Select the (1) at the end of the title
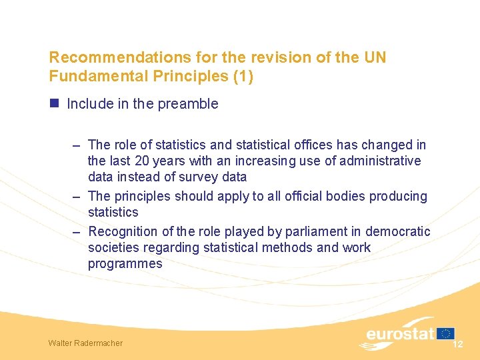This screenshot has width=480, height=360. pyautogui.click(x=242, y=76)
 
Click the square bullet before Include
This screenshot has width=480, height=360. pyautogui.click(x=55, y=103)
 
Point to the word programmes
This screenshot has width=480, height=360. pyautogui.click(x=125, y=263)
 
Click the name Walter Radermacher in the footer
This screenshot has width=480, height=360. pyautogui.click(x=85, y=343)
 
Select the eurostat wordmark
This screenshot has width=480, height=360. pyautogui.click(x=399, y=333)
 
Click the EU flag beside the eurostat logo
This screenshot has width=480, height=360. pyautogui.click(x=446, y=333)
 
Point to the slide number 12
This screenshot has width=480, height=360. pyautogui.click(x=457, y=344)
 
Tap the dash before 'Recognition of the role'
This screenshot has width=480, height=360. pyautogui.click(x=77, y=231)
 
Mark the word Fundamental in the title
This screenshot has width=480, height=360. pyautogui.click(x=95, y=76)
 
